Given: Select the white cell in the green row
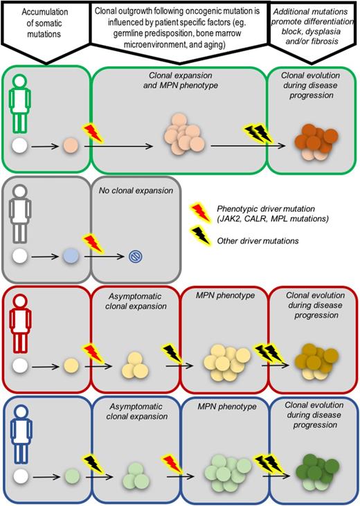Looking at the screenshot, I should tap(19, 147).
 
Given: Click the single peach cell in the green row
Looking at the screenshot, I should tap(70, 147).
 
